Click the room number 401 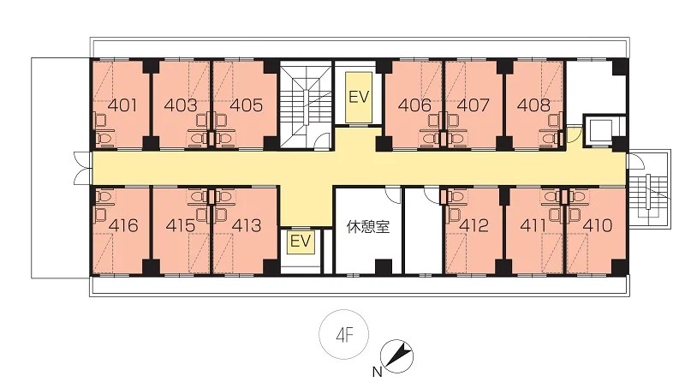click(x=122, y=105)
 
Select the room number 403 click(x=181, y=105)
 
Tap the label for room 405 click(x=247, y=105)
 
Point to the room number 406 click(x=414, y=105)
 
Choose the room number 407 click(x=474, y=105)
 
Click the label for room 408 click(x=533, y=105)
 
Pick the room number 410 click(x=597, y=225)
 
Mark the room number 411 click(x=533, y=225)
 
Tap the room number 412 click(x=474, y=225)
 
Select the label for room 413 click(x=247, y=225)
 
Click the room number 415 click(x=181, y=225)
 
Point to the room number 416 click(x=123, y=225)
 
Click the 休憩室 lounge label click(x=368, y=227)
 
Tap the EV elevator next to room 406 click(x=359, y=97)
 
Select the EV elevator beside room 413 click(x=301, y=242)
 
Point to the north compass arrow click(x=397, y=355)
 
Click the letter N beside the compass click(x=377, y=373)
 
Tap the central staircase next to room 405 click(x=306, y=104)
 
